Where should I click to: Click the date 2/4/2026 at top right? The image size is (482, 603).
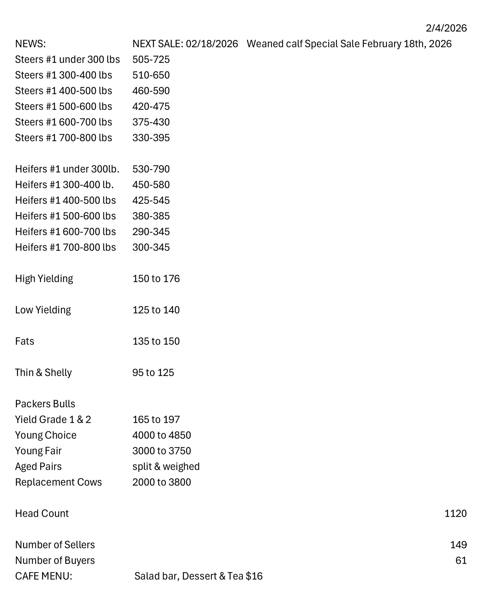tap(446, 28)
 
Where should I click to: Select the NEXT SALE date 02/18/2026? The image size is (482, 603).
tap(212, 44)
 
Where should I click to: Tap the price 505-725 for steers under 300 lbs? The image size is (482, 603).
tap(151, 59)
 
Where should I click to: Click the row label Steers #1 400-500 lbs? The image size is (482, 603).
tap(64, 91)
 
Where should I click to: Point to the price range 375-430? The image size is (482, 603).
tap(151, 122)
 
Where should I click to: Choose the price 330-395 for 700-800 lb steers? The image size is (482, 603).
tap(151, 138)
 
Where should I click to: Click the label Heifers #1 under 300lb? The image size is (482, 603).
tap(67, 169)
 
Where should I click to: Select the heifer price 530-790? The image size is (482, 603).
tap(151, 169)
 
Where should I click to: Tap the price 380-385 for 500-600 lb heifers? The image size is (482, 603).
tap(151, 216)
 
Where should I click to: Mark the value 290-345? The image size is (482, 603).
tap(151, 232)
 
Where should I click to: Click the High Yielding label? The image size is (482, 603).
tap(44, 279)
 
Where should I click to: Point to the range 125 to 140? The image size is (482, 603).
tap(156, 310)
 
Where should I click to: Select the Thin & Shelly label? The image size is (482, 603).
tap(43, 373)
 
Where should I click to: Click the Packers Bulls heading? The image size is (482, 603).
tap(45, 404)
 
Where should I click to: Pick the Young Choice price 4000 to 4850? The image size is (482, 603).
tap(161, 435)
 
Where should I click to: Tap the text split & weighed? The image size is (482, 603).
tap(166, 467)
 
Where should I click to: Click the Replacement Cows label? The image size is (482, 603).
tap(58, 482)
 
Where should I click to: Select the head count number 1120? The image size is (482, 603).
tap(455, 514)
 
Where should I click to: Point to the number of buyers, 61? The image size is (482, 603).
tap(461, 561)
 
